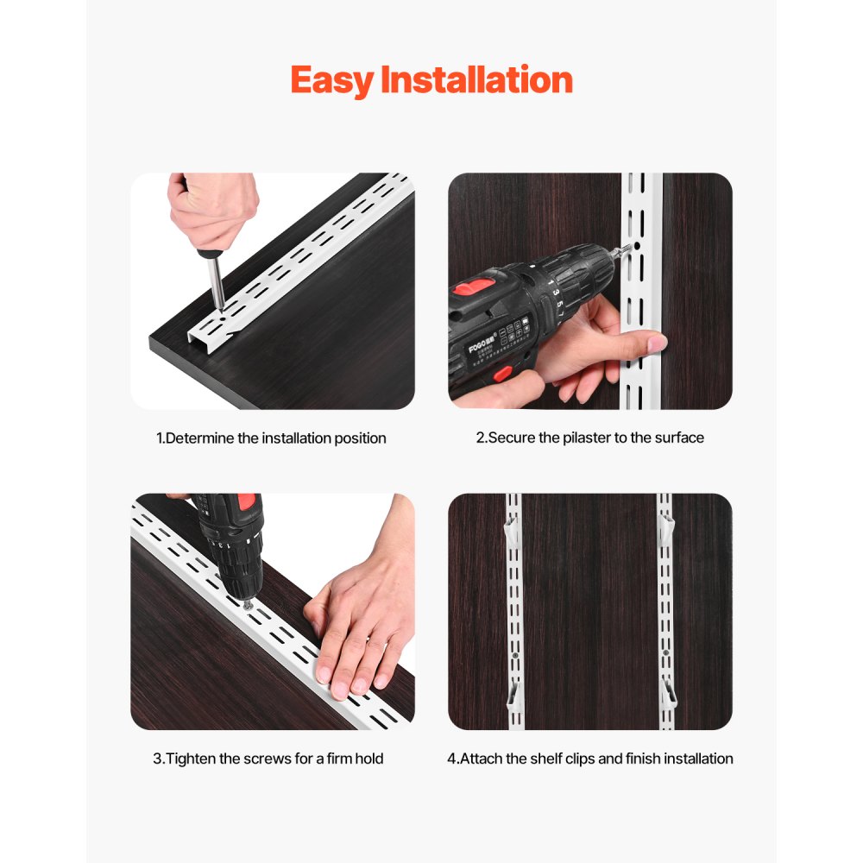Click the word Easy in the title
click(x=332, y=80)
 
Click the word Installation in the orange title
click(x=476, y=80)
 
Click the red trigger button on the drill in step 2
click(x=500, y=374)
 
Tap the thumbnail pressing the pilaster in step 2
click(x=657, y=344)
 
